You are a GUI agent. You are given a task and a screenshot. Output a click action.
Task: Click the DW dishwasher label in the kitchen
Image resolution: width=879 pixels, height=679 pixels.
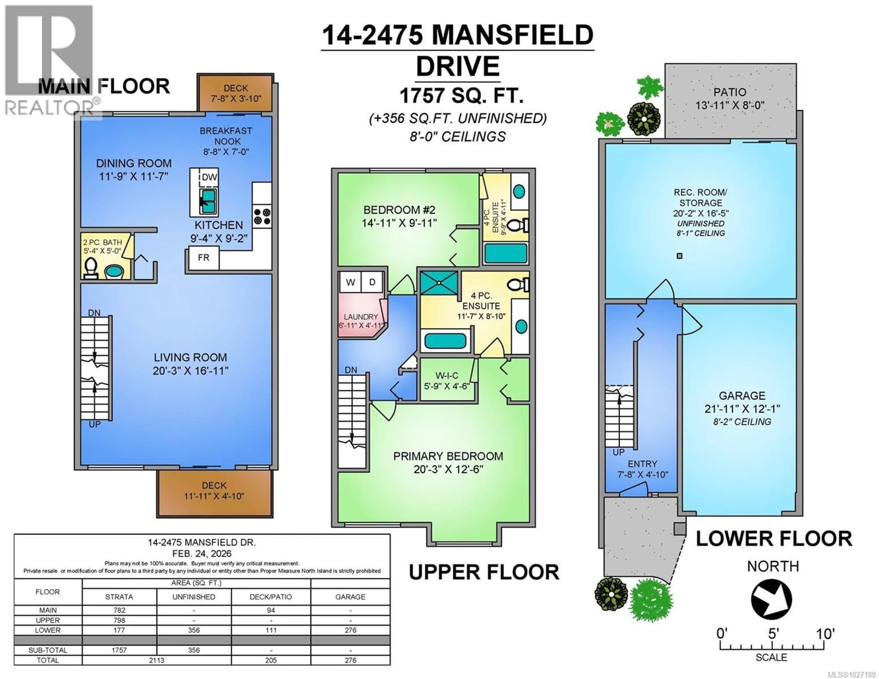pos(209,177)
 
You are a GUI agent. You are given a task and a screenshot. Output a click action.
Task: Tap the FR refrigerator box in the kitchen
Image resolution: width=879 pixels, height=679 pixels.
pos(203,258)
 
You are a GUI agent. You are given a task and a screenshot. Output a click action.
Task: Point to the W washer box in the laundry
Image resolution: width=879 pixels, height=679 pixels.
pos(350,282)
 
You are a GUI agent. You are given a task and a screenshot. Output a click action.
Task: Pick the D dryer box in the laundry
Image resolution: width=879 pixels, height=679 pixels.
pos(372,282)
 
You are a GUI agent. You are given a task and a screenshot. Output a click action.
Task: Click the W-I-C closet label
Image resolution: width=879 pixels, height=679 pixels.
pos(447,376)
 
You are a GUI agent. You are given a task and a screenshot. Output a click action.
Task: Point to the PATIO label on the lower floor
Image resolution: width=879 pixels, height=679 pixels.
pos(730,92)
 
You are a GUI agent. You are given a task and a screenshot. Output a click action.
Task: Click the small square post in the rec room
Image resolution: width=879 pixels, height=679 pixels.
pos(679,256)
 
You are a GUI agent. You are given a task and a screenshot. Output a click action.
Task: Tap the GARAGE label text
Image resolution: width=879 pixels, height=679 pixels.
pos(742,396)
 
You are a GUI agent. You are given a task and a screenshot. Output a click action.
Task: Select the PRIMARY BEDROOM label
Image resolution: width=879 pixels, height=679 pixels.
pos(448,456)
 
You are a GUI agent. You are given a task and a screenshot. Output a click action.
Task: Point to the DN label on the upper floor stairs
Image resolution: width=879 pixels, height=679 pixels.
pos(350,370)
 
